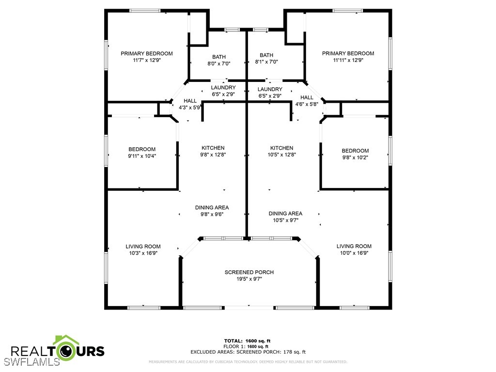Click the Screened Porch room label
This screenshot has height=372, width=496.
point(249,272)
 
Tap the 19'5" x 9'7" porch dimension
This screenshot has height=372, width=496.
point(249,279)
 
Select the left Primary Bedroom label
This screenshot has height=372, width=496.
point(146,54)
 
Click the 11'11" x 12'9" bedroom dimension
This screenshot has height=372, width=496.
point(348,61)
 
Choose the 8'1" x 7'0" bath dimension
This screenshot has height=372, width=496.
point(266,62)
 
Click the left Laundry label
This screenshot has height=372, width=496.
point(223,88)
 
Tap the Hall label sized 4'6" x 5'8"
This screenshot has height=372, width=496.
point(307,97)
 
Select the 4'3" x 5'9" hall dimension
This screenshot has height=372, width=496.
point(186,108)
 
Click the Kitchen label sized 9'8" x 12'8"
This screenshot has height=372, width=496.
point(213,148)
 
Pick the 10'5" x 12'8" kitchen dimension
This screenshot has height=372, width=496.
point(281,155)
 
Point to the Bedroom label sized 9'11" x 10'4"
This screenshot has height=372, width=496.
point(142,149)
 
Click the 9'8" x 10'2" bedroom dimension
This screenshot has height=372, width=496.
point(355,157)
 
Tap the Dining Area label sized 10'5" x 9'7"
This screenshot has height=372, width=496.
point(285,214)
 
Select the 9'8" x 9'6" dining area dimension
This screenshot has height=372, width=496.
point(212,214)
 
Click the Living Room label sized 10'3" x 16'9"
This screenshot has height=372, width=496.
point(143,247)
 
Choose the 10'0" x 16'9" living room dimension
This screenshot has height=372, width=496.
point(354,253)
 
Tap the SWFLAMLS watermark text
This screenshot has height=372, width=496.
point(31,361)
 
